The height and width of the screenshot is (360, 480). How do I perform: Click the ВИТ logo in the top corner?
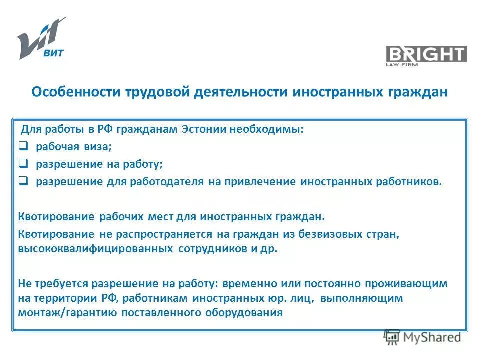click(x=41, y=38)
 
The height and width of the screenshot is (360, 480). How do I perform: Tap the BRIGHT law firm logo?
click(x=426, y=55)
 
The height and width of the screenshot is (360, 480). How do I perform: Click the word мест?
click(x=159, y=217)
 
